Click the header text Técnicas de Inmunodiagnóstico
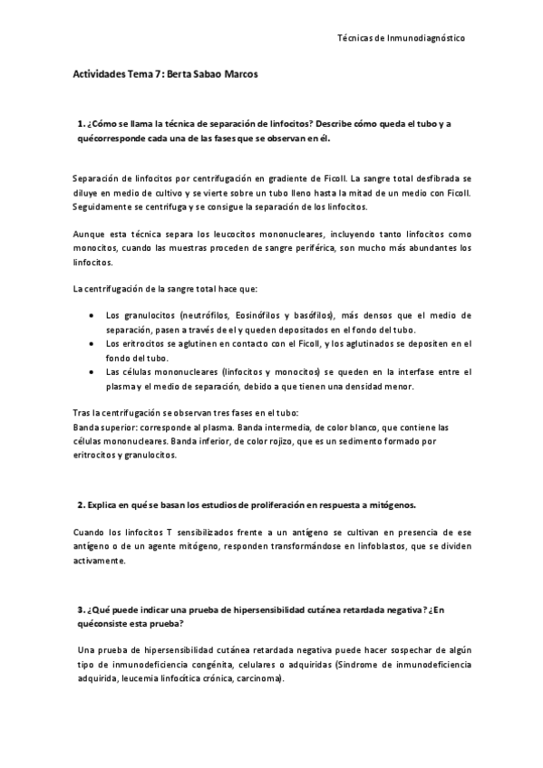(x=401, y=39)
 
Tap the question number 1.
(x=81, y=123)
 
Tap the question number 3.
(x=81, y=610)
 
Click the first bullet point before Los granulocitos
(x=95, y=315)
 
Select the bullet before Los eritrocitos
(x=95, y=343)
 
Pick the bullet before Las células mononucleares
(x=95, y=371)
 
